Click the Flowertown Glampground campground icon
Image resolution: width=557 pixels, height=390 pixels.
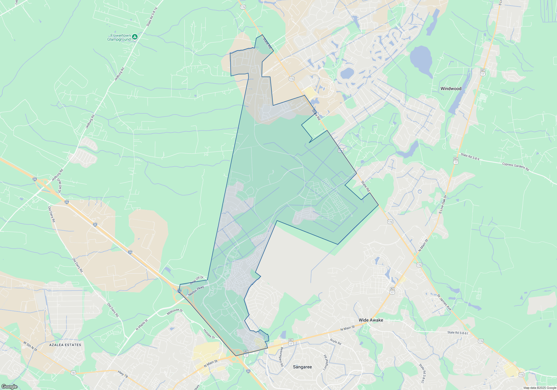[x=135, y=37]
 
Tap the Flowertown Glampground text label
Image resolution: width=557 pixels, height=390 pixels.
[x=119, y=38]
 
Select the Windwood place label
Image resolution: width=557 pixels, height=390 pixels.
[x=451, y=89]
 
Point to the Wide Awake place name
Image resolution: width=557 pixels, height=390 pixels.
[x=371, y=320]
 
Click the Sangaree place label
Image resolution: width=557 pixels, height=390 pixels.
[x=302, y=367]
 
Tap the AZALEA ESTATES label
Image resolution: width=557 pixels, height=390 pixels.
[x=65, y=345]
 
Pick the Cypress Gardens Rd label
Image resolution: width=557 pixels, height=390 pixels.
[x=516, y=167]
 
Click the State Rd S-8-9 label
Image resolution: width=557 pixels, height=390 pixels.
[x=470, y=157]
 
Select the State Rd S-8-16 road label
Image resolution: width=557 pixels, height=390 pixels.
[x=152, y=17]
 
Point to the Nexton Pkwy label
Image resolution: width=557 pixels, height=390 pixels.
[x=196, y=291]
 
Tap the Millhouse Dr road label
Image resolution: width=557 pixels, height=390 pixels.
[x=175, y=312]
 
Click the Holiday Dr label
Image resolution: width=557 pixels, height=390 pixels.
[x=209, y=334]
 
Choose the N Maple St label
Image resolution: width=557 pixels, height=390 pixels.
[x=142, y=325]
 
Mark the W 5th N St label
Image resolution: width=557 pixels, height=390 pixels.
[x=30, y=346]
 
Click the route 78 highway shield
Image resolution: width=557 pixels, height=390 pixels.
[x=73, y=373]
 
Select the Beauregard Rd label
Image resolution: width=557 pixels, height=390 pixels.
[x=282, y=357]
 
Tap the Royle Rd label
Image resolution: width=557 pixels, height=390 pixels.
[x=335, y=342]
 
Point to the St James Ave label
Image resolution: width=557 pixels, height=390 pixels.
[x=444, y=302]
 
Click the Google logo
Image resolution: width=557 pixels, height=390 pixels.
[x=9, y=387]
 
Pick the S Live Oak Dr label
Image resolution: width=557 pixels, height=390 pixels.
[x=443, y=204]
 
